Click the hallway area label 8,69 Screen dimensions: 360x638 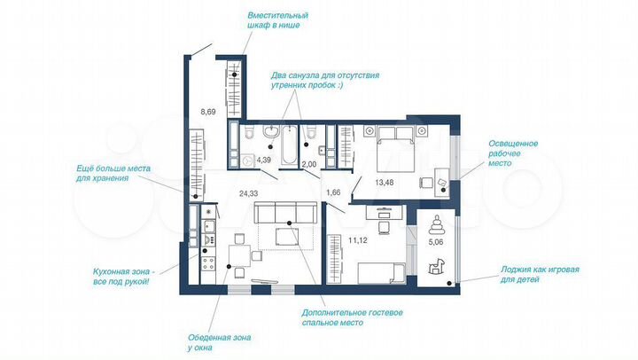209,112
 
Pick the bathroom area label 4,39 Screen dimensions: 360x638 264,160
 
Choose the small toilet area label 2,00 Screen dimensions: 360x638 309,164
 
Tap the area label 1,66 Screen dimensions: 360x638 333,192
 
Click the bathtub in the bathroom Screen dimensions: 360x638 289,147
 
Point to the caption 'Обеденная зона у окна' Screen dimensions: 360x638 214,341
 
